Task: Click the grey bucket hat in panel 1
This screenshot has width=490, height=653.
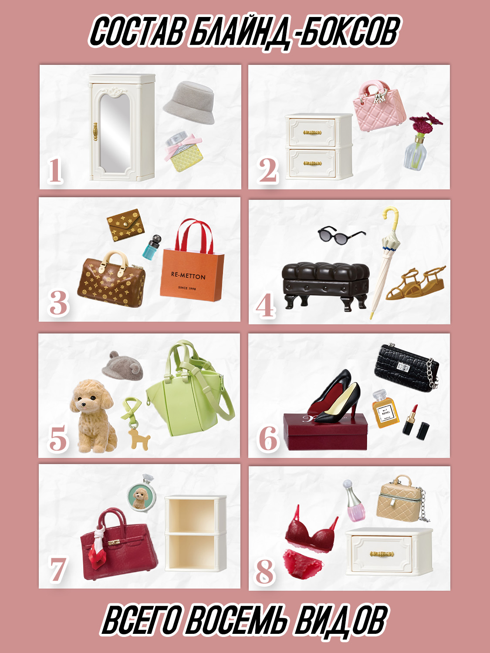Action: point(189,103)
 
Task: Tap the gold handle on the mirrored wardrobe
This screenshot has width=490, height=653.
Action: point(95,131)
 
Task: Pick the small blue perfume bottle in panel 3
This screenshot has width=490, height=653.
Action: point(151,247)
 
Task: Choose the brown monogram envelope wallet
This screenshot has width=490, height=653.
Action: point(125,225)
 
